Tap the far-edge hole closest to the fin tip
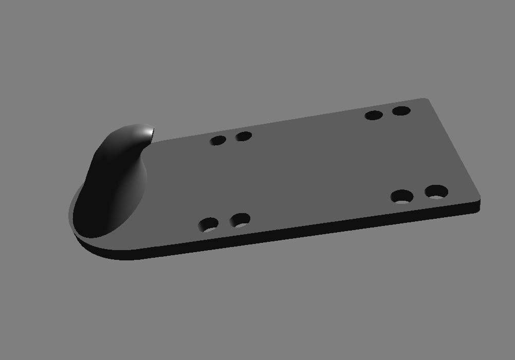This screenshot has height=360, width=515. (x=218, y=140)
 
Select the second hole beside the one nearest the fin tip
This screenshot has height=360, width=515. (x=244, y=137)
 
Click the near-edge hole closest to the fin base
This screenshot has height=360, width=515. (x=209, y=224)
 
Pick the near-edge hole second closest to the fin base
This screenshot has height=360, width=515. (x=240, y=221)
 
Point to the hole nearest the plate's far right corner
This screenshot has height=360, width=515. (x=401, y=110)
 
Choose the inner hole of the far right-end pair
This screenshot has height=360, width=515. (x=374, y=115)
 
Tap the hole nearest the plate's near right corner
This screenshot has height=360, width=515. (x=436, y=193)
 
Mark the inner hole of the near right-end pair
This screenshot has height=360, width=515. (x=402, y=196)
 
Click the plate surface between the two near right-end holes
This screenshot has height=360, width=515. (x=420, y=195)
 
